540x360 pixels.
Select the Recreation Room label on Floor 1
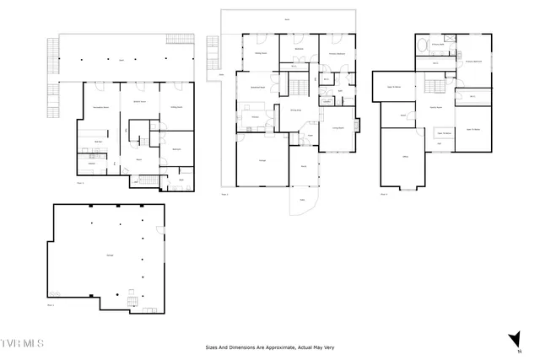(98, 108)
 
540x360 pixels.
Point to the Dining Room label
(297, 110)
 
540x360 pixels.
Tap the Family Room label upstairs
(437, 107)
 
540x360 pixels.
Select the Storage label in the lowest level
(110, 255)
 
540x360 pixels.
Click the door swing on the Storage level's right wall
(160, 231)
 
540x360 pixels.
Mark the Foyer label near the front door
(310, 135)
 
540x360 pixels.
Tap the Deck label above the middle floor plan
(287, 19)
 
